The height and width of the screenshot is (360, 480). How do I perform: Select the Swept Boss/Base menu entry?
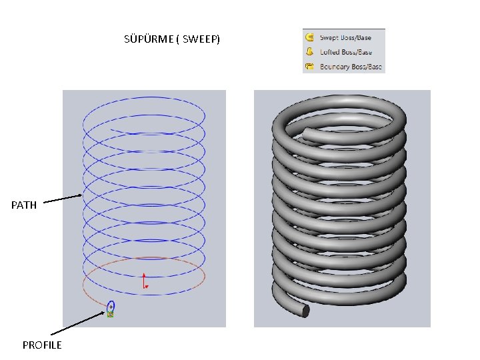pos(345,38)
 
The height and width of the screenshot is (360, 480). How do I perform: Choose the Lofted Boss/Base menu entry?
pos(345,52)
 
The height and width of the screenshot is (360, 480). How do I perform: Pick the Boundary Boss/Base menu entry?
pos(351,67)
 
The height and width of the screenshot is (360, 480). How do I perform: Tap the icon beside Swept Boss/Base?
pos(310,38)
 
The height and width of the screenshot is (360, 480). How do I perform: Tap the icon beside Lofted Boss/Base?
pos(310,52)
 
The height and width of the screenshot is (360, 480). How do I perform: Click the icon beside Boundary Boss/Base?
pos(310,67)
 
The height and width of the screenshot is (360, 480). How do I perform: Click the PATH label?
pos(24,205)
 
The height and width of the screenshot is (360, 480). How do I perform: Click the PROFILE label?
pos(41,345)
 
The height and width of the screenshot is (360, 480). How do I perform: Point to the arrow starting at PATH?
pos(63,199)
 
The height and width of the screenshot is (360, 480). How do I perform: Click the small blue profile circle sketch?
pos(111,307)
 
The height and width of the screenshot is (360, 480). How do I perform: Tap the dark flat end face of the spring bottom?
pos(305,310)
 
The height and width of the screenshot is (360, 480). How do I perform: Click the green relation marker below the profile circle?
pos(111,315)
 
